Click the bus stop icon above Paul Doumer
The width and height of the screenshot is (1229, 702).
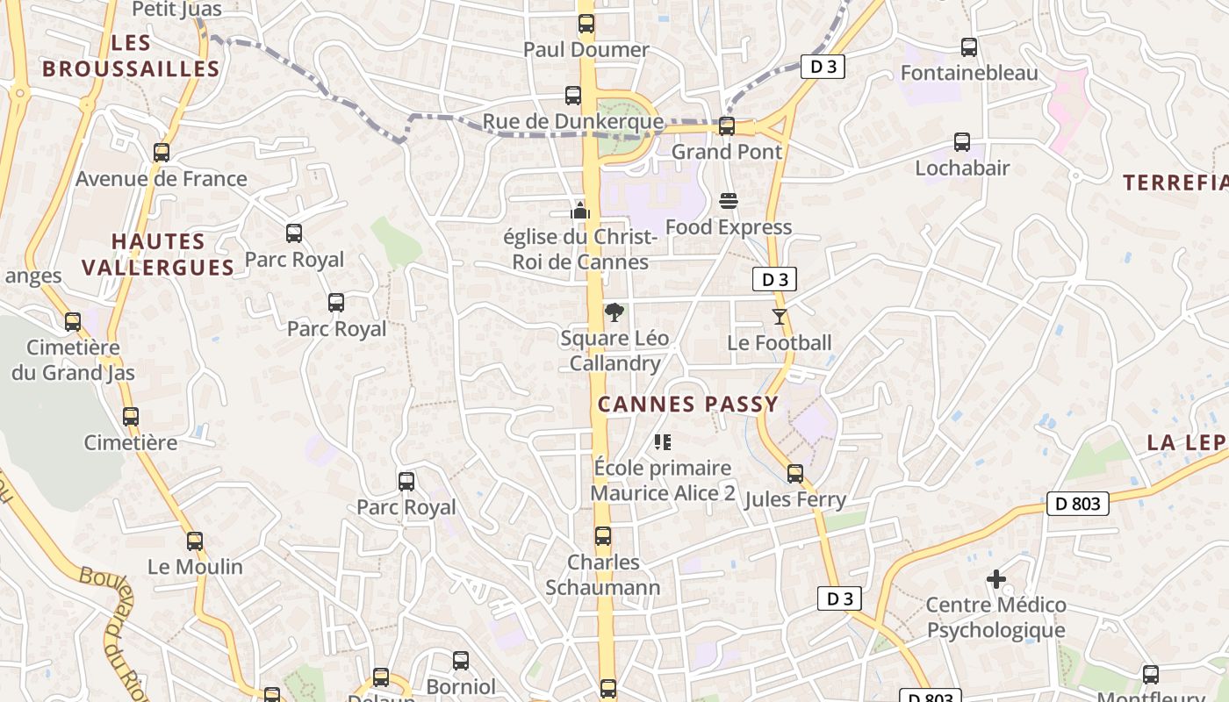click(x=586, y=24)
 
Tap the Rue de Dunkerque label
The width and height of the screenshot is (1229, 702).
click(x=573, y=121)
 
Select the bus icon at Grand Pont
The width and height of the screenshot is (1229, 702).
click(x=726, y=125)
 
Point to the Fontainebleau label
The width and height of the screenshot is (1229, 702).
click(x=969, y=73)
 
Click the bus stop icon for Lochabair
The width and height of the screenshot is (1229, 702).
click(x=962, y=141)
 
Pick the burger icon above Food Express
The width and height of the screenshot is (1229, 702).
click(x=728, y=201)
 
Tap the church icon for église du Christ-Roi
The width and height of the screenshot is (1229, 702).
click(x=579, y=211)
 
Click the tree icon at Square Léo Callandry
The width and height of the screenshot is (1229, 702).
click(x=614, y=312)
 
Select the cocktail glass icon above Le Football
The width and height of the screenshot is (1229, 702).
click(x=779, y=316)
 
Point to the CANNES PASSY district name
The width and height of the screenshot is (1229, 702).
click(x=687, y=404)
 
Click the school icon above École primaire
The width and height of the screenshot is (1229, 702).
click(x=663, y=442)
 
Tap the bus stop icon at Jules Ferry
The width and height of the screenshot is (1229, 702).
click(x=794, y=473)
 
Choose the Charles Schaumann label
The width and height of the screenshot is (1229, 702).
click(x=603, y=574)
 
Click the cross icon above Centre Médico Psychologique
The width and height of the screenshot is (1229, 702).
click(x=995, y=579)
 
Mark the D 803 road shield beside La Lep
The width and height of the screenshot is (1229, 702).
click(x=1077, y=504)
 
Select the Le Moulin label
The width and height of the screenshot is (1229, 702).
click(x=195, y=567)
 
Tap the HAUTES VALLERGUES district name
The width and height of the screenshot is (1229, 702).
click(x=158, y=254)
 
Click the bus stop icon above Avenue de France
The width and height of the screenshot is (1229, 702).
click(x=161, y=152)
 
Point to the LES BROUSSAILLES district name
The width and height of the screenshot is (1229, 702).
click(x=131, y=55)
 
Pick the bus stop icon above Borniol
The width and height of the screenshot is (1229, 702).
click(x=460, y=660)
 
